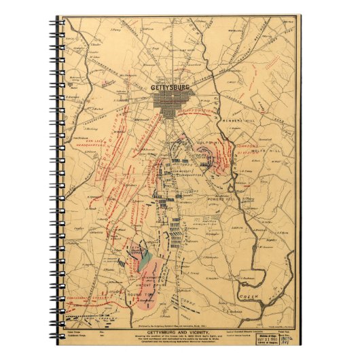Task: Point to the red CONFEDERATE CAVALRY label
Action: [x=85, y=297]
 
